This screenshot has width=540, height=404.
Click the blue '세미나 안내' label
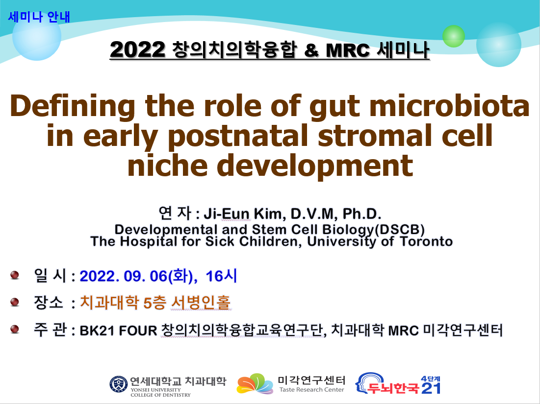(39, 17)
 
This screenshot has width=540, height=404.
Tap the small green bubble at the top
(453, 36)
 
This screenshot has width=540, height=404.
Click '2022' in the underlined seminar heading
(138, 50)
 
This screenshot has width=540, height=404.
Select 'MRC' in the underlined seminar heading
(347, 50)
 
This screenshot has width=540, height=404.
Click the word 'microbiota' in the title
(449, 106)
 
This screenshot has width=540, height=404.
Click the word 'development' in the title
(315, 166)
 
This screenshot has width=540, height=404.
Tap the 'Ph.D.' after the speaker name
(361, 214)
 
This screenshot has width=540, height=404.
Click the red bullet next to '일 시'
(14, 275)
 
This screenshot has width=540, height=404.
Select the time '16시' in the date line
(221, 276)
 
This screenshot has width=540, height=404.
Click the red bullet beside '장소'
(14, 302)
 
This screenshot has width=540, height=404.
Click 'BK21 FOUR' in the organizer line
(118, 331)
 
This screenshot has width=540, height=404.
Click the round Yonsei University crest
(119, 384)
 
